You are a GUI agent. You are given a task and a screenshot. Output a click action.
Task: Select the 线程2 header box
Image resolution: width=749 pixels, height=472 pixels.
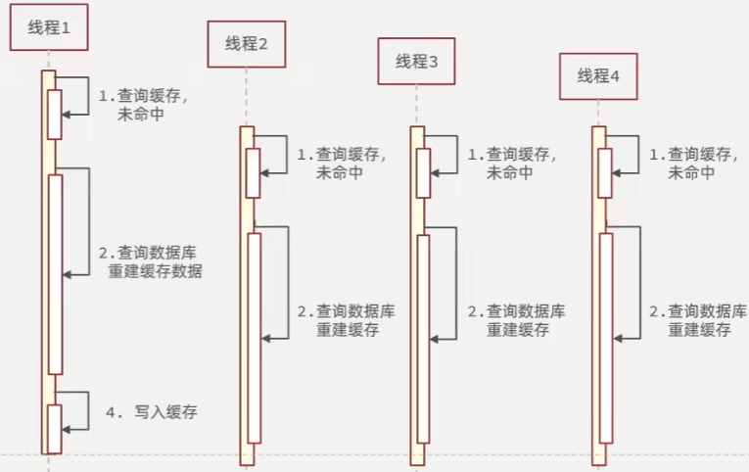(x=246, y=44)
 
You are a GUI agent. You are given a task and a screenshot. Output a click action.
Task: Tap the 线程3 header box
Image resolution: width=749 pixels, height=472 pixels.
(x=418, y=61)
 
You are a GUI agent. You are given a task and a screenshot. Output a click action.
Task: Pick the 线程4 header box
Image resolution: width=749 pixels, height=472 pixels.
(x=598, y=76)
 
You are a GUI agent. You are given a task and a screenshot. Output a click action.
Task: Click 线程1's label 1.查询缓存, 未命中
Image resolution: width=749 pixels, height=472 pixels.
(x=144, y=105)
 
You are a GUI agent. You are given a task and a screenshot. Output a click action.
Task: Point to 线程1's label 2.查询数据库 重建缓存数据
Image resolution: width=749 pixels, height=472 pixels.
(x=151, y=261)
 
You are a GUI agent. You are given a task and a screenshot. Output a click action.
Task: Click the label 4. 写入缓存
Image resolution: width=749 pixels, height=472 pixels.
(x=152, y=412)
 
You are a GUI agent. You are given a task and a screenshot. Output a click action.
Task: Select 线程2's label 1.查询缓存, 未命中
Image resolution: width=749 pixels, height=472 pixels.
(x=341, y=163)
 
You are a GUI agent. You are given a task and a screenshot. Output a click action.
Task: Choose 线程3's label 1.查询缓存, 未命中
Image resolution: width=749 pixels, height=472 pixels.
(x=511, y=163)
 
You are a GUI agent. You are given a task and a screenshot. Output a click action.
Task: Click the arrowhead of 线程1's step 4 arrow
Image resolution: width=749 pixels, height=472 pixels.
(x=67, y=427)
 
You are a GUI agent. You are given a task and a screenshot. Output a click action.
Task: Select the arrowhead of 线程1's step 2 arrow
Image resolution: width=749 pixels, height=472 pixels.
(x=68, y=276)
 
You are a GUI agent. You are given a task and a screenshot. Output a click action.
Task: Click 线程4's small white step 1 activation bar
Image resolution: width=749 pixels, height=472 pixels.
(x=606, y=172)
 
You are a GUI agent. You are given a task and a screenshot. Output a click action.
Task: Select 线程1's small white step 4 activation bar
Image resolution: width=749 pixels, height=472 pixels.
(x=55, y=428)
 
